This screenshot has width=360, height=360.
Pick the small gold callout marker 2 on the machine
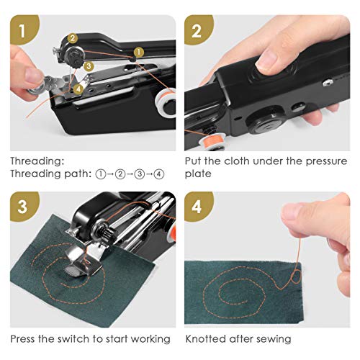(x=73, y=37)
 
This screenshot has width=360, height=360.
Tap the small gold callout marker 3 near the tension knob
(x=88, y=66)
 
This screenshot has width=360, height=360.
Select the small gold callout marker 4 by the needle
(x=79, y=89)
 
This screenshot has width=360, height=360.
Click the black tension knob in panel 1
(x=72, y=55)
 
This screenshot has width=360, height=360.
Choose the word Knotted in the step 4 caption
(x=206, y=338)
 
